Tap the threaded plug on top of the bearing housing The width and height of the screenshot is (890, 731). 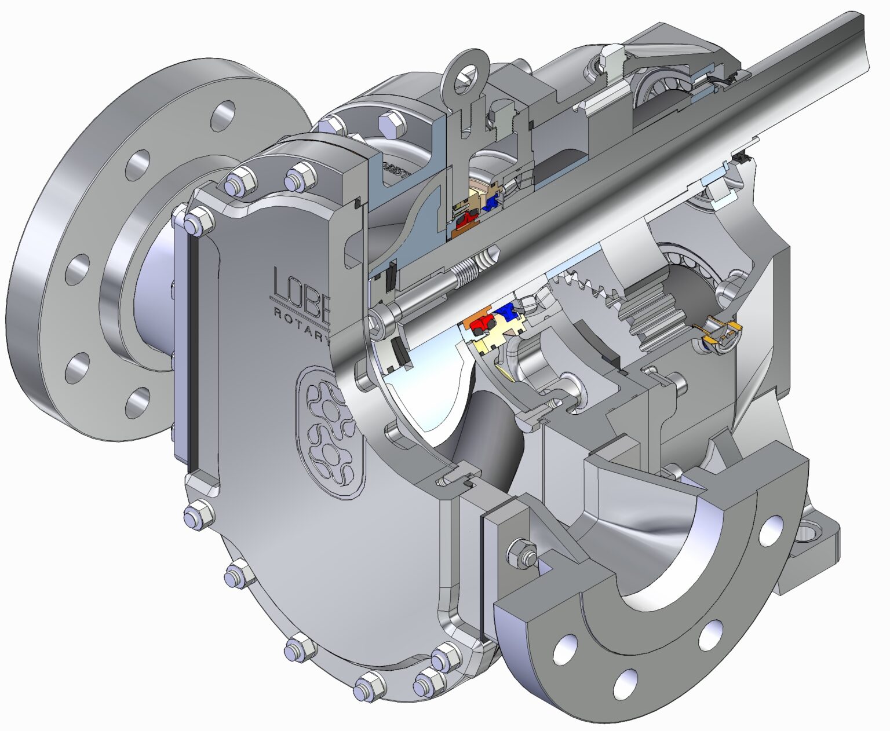coord(612,58)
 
